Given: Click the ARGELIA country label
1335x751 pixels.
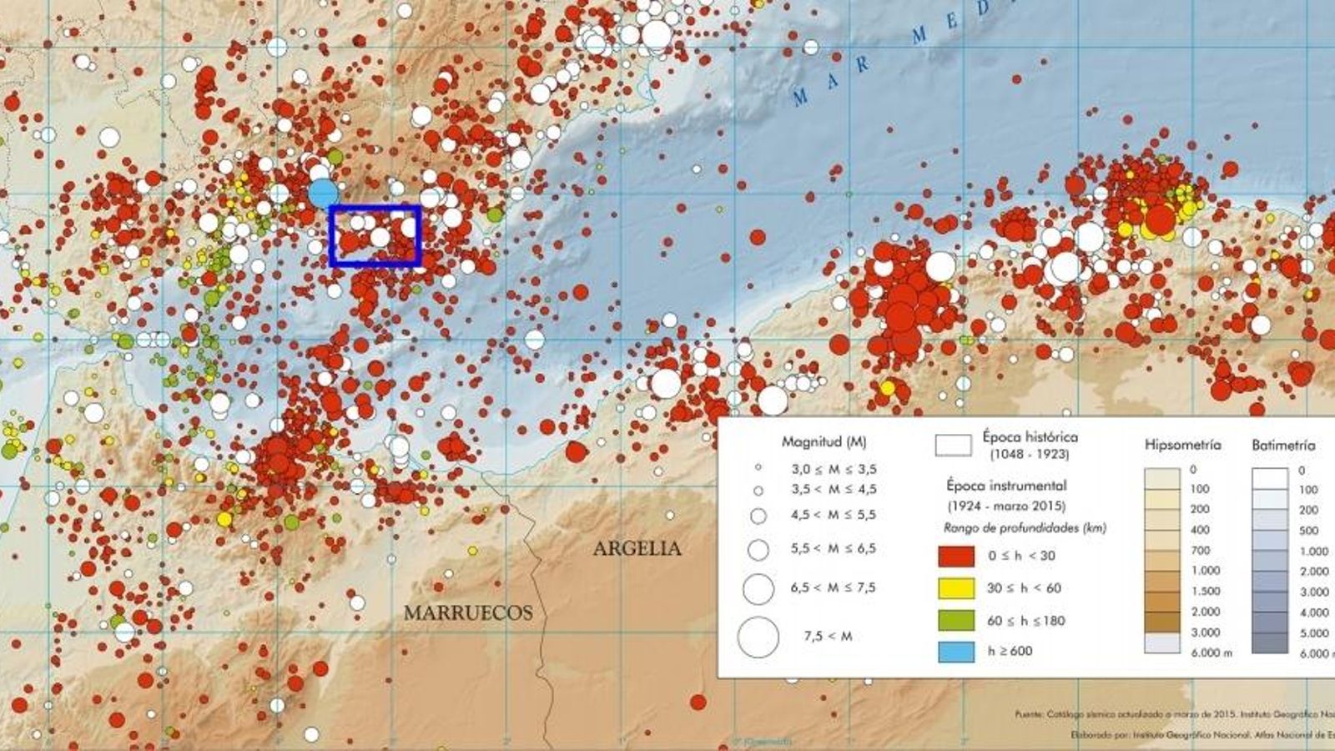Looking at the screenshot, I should pos(637,548).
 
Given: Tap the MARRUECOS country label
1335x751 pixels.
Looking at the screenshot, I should pos(468,612).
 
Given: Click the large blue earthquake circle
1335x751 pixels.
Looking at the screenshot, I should pos(323,194).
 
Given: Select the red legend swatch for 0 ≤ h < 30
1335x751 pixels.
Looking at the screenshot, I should pos(956,556).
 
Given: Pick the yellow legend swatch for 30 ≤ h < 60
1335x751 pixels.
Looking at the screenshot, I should pos(956,588).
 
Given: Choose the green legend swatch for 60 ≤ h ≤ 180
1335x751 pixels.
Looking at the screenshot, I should pos(956,620).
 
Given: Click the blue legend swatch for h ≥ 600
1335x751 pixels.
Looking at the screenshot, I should pos(956,651).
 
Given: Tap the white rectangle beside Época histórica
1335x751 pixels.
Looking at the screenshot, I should pos(953,446).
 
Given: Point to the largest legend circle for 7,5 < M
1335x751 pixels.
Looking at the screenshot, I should pos(758,638).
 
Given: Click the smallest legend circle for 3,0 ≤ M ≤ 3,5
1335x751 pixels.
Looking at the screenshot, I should pos(758,469).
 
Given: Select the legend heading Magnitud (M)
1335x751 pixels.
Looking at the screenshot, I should pos(824,441).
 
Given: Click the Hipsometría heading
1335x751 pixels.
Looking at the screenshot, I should pos(1182,445).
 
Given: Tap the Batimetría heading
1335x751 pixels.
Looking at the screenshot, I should pos(1282,446).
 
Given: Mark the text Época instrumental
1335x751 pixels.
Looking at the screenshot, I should pos(1006,485).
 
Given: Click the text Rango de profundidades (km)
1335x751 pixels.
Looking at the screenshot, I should pos(1024,527).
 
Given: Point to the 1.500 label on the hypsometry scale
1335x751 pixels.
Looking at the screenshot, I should pos(1206,591).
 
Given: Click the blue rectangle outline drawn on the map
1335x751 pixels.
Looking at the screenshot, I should pos(375,207).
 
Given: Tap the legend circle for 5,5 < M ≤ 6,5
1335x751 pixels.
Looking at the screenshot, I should pos(758,550).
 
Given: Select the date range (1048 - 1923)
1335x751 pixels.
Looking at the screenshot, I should pos(1029,455).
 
